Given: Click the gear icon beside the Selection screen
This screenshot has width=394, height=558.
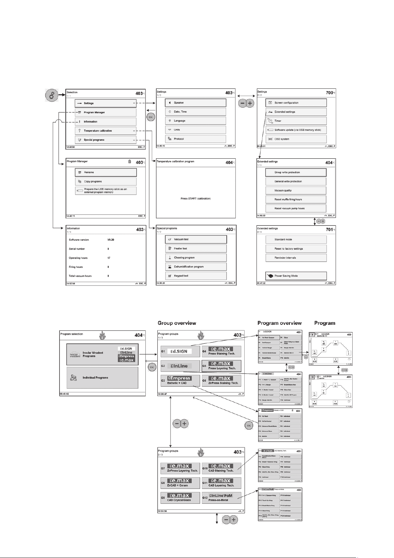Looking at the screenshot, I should click(51, 96).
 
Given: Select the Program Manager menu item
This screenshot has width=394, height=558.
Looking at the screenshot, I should click(105, 112).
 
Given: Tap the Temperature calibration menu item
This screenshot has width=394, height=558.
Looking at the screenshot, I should click(105, 131).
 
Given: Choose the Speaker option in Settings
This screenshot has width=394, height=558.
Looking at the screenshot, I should click(196, 103).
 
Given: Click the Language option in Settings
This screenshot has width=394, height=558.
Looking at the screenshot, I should click(196, 121).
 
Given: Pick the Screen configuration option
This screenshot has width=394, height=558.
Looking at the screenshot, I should click(296, 103).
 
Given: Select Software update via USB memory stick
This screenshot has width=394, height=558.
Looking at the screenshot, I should click(296, 130).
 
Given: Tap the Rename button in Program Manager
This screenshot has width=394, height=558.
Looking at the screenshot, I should click(105, 172).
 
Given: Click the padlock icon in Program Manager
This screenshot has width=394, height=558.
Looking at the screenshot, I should click(130, 162).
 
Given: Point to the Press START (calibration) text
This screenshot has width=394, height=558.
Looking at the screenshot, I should click(196, 199).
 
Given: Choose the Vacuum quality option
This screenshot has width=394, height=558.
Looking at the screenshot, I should click(296, 190).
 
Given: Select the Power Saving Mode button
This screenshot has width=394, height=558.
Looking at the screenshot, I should click(296, 276).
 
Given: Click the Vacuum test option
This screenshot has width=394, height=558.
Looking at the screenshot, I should click(196, 239).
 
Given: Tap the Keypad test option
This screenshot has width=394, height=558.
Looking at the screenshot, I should click(196, 276).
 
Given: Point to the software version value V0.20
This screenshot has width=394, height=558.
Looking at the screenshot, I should click(111, 240).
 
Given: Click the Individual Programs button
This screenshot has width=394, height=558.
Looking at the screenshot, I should click(102, 378).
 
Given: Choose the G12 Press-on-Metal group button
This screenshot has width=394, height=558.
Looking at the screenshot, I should click(221, 497).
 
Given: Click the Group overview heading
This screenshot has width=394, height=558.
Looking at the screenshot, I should click(177, 323).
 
